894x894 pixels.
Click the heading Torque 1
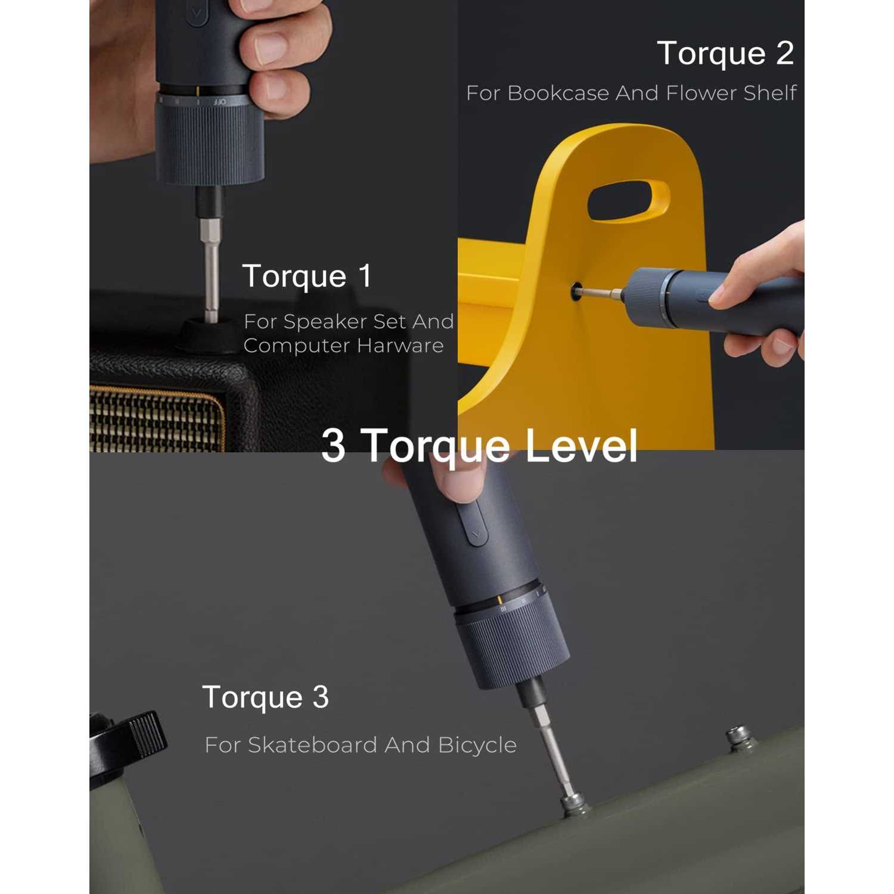pos(306,276)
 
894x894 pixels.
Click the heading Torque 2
pos(725,54)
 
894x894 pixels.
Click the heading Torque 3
pos(265,697)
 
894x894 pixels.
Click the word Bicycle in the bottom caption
pos(477,745)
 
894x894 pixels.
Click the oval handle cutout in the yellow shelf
pos(628,201)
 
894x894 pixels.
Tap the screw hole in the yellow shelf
pos(576,292)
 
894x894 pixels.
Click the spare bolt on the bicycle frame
pos(739,737)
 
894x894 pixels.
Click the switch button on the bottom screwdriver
pos(474,523)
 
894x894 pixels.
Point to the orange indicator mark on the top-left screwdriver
pos(197,91)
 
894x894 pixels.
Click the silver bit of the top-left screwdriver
pos(210,268)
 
